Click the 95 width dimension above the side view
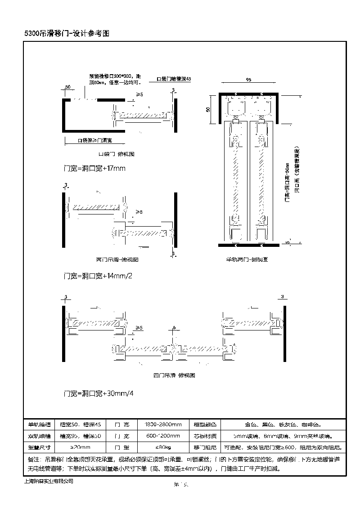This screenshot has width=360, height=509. [x=248, y=80]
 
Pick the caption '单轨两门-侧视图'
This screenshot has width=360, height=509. [x=247, y=259]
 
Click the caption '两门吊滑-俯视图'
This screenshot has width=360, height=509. [x=117, y=259]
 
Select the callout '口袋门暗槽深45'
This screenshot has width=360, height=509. [x=174, y=79]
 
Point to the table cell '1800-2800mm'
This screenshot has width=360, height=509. [x=163, y=424]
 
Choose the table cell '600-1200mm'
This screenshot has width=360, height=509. [x=163, y=436]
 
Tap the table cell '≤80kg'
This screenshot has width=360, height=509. [x=163, y=447]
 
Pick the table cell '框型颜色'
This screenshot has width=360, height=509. [x=205, y=424]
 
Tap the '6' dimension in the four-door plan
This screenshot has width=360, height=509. [x=174, y=328]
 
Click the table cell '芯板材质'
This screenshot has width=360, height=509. [x=205, y=436]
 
